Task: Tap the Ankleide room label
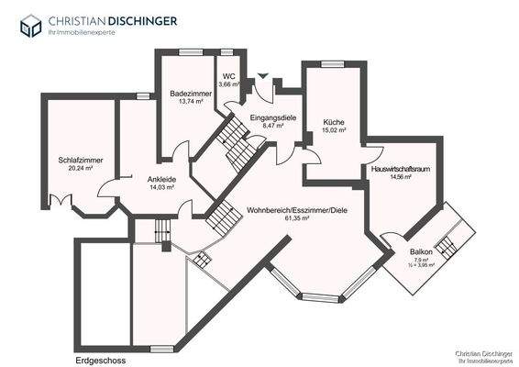click(x=149, y=179)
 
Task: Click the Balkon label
click(x=422, y=250)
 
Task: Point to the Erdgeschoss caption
click(x=101, y=360)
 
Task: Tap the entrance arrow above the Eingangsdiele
click(x=263, y=77)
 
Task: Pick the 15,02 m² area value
click(x=334, y=130)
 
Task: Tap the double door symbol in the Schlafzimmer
click(x=62, y=199)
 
